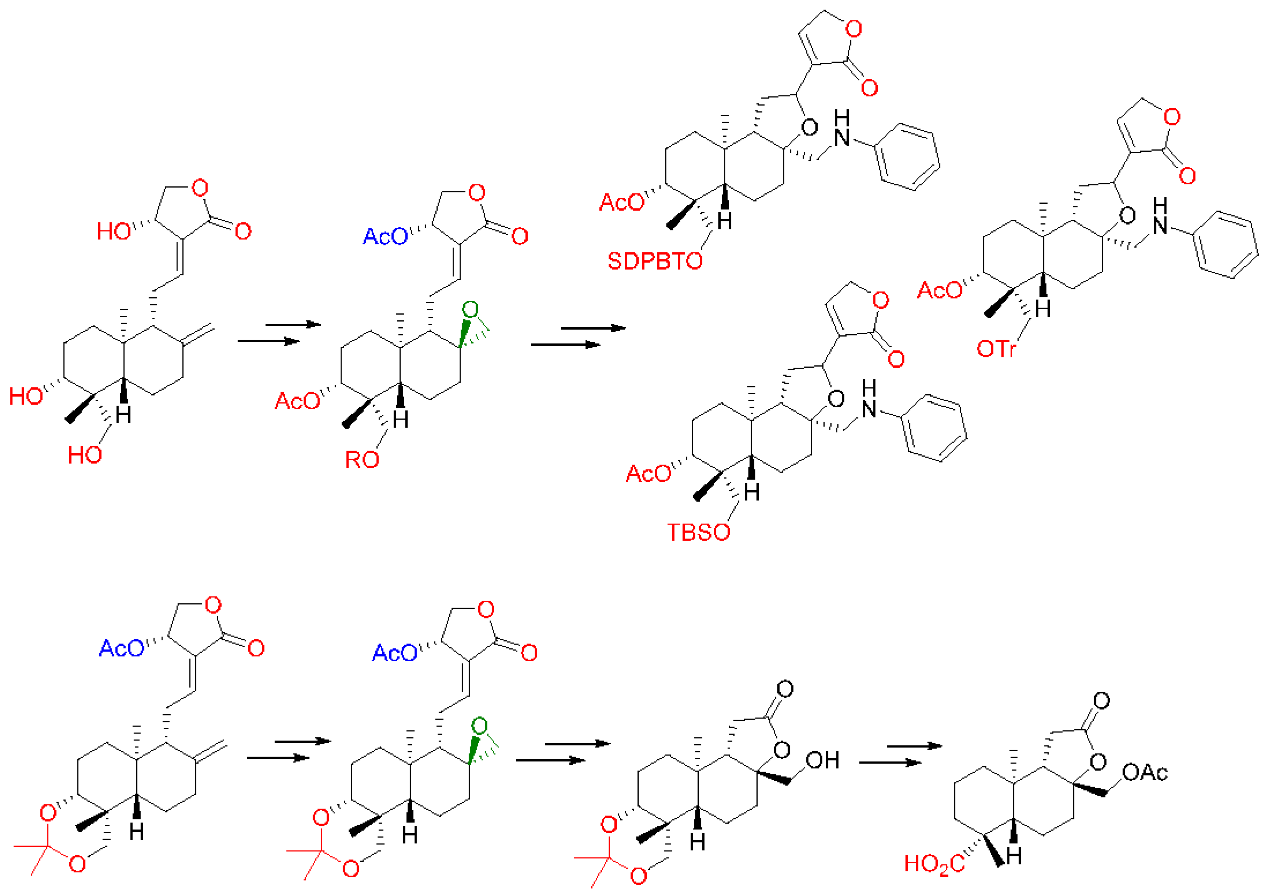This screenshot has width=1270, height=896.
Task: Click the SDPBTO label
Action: pyautogui.click(x=655, y=261)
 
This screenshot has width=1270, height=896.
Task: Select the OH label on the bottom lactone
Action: pyautogui.click(x=823, y=760)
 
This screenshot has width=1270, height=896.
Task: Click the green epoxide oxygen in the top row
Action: pyautogui.click(x=470, y=310)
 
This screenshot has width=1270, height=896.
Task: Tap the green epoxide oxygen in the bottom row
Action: pyautogui.click(x=479, y=726)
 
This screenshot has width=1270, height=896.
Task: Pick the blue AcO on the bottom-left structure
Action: pyautogui.click(x=121, y=648)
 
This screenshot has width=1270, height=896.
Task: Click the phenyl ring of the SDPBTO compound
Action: pyautogui.click(x=907, y=157)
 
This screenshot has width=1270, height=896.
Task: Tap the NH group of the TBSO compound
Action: pyautogui.click(x=869, y=400)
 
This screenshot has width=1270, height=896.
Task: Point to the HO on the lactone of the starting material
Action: pyautogui.click(x=114, y=231)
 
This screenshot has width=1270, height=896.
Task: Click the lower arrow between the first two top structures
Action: pyautogui.click(x=268, y=341)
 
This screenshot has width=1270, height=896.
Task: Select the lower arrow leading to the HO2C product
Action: pyautogui.click(x=890, y=763)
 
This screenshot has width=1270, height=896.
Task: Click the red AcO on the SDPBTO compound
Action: pyautogui.click(x=622, y=203)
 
